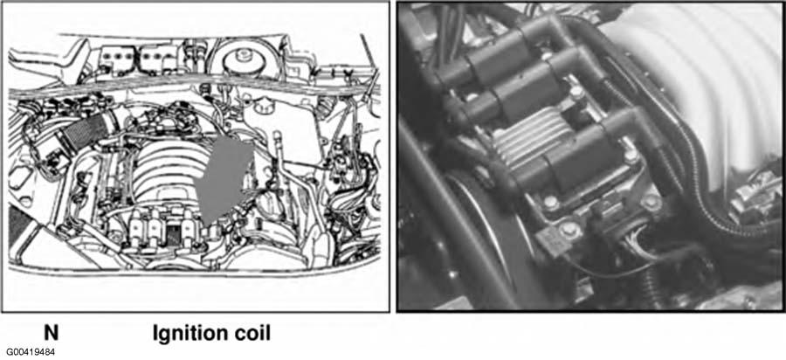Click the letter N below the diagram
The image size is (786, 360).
coord(52,333)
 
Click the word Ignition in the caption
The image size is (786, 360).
coord(190,334)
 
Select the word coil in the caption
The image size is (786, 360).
coord(252,333)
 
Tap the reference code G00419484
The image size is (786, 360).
coord(31,352)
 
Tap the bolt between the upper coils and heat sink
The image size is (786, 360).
coord(577,92)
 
